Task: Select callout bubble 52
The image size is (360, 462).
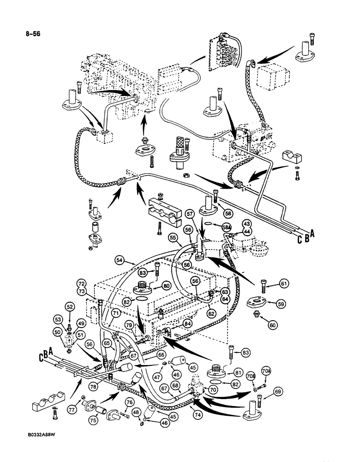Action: click(70, 306)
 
